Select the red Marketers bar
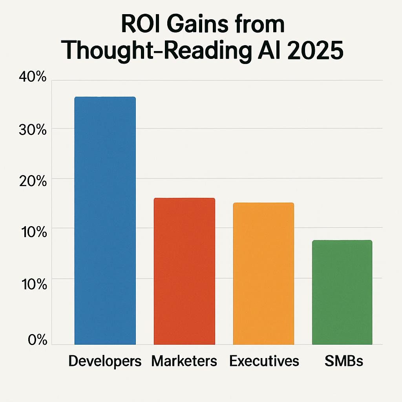pos(184,271)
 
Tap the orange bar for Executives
pos(263,274)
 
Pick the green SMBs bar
pos(342,292)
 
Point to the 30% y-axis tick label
pos(32,130)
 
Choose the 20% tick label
pos(32,181)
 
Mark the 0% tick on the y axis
pos(37,340)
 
